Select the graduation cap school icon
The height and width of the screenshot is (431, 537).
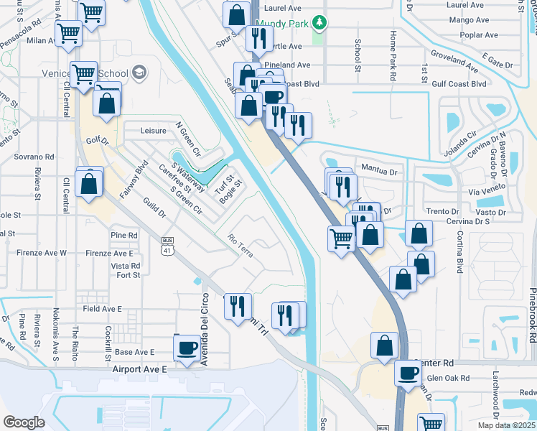[139, 73]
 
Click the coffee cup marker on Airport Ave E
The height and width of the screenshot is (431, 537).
[187, 348]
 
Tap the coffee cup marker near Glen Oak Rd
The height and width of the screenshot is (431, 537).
[408, 373]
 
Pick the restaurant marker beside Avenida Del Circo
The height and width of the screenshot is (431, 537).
[237, 307]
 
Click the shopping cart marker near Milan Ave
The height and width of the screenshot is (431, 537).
[68, 33]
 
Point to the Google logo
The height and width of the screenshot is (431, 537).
[24, 422]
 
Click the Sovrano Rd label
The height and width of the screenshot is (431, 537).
[34, 156]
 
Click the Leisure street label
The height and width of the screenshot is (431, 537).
[154, 131]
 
